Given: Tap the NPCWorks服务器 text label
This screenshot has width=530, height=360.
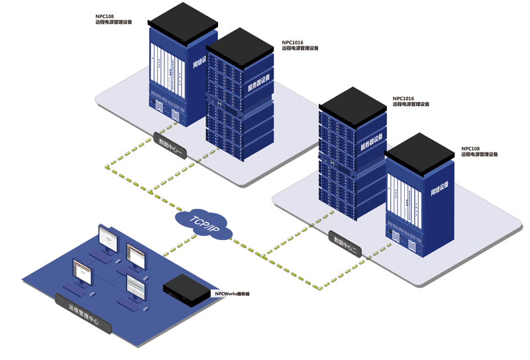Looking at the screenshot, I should point(231,293).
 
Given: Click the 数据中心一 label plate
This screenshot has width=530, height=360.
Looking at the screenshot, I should point(172,146).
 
